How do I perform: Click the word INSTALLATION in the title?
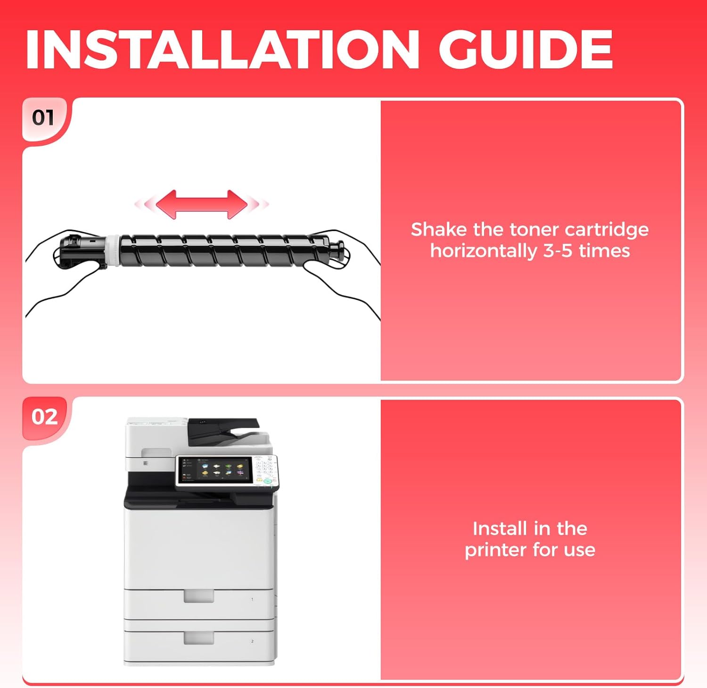coord(222,49)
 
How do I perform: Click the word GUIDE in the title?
coord(526,49)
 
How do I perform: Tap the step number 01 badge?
coord(43,117)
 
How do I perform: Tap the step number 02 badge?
coord(44,417)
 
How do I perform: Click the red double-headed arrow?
coord(202,204)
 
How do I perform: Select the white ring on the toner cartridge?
coord(113,250)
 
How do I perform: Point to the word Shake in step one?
coord(439,229)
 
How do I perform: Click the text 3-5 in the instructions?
coord(558,251)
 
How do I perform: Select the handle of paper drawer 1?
coord(199,596)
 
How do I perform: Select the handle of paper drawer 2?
coord(199,638)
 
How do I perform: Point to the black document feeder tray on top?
coord(223,431)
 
